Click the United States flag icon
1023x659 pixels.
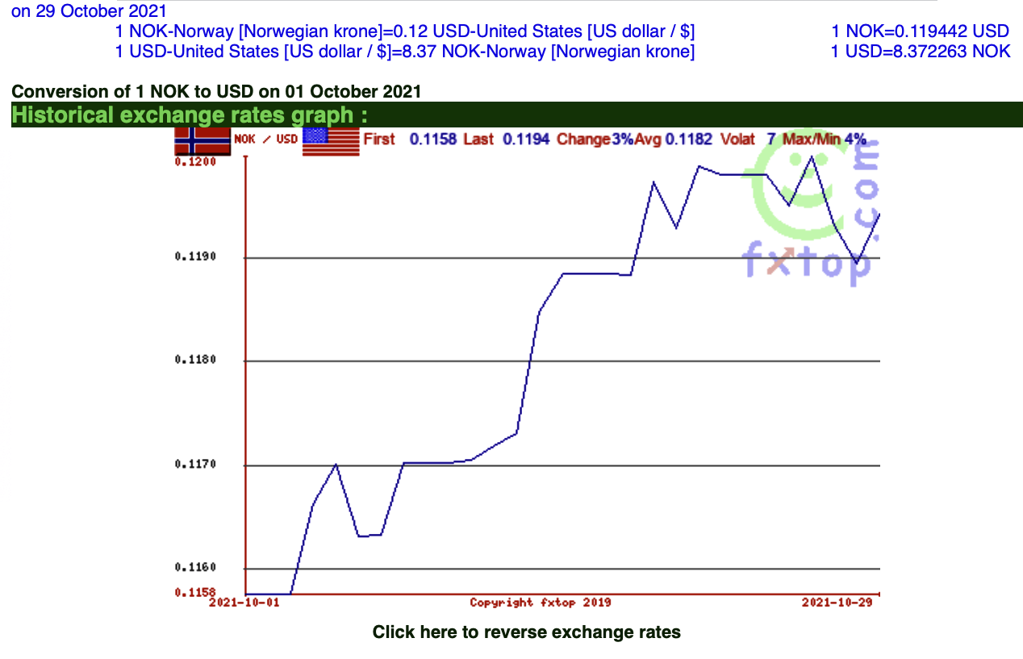pyautogui.click(x=330, y=141)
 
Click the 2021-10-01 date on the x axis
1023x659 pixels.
pyautogui.click(x=239, y=603)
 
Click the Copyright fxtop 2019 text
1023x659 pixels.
pyautogui.click(x=540, y=603)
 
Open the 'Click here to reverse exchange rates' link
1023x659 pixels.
pyautogui.click(x=526, y=632)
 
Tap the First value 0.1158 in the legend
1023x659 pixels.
pyautogui.click(x=433, y=139)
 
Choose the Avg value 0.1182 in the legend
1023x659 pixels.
pyautogui.click(x=688, y=139)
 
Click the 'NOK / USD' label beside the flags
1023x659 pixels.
pyautogui.click(x=266, y=140)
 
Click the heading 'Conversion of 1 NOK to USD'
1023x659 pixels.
pyautogui.click(x=216, y=92)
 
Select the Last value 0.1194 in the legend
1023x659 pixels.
pyautogui.click(x=526, y=139)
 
